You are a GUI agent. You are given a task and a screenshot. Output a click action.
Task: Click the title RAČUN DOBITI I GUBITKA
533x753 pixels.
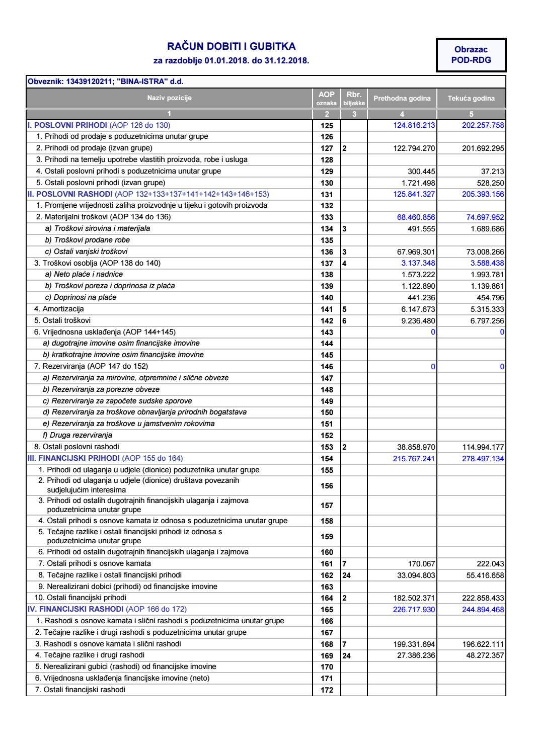coord(231,47)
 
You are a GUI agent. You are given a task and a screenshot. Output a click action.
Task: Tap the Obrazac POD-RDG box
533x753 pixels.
coord(471,55)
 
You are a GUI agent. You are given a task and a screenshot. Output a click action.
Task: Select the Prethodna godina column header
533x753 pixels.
coord(402,99)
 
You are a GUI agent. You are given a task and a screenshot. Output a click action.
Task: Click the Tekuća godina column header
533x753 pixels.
coord(471,99)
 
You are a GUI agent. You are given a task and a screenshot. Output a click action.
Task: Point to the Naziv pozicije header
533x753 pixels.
coord(169,98)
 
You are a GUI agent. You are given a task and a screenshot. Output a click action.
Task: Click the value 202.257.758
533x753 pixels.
coord(483,125)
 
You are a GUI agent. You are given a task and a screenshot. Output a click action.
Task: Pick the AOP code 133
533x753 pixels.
coord(327,217)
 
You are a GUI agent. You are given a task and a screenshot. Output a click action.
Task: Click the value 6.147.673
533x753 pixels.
coord(415,309)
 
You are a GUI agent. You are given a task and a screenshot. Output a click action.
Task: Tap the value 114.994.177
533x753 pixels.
coord(483,447)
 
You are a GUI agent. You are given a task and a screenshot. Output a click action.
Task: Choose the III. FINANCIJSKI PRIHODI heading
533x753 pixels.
coord(74,458)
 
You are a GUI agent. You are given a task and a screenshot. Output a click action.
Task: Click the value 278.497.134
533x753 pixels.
coord(483,459)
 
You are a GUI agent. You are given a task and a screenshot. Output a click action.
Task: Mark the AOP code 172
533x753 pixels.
coord(327,690)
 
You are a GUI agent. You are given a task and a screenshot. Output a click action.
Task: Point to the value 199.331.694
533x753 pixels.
coord(411,644)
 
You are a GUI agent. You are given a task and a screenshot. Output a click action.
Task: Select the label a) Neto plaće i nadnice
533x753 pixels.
coord(84,274)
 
